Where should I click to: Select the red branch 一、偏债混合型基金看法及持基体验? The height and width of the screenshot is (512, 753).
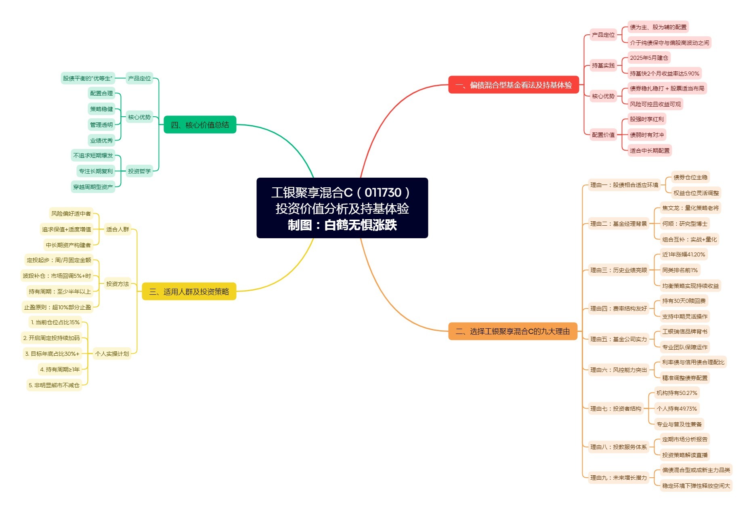tap(514, 85)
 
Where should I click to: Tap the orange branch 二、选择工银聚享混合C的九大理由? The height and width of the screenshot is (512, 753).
tap(513, 332)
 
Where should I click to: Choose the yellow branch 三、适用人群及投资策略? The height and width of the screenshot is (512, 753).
tap(189, 292)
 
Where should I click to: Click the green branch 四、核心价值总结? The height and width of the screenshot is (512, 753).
tap(200, 125)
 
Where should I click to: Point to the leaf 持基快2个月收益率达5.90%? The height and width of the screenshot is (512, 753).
tap(665, 73)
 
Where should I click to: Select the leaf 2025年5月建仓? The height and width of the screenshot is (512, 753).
tap(649, 58)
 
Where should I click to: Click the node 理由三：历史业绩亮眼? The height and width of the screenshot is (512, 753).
tap(619, 270)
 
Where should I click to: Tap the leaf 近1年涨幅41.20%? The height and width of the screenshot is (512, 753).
tap(684, 254)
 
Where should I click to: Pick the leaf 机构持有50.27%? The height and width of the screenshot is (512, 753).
tap(677, 393)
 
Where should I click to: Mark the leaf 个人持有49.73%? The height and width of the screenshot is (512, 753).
tap(677, 409)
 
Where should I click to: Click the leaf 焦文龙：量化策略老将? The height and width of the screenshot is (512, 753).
tap(690, 208)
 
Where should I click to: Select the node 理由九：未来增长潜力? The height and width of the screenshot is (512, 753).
tap(619, 478)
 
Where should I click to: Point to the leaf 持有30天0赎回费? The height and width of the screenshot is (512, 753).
tap(684, 301)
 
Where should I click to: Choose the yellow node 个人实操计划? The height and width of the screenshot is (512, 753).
tap(112, 354)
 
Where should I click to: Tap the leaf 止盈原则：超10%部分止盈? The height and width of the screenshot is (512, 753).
tap(58, 307)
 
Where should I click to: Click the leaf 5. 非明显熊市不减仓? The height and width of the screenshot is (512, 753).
tap(54, 385)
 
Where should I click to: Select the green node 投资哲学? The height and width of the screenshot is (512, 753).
tap(139, 171)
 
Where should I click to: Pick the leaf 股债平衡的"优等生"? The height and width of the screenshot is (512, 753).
tap(88, 78)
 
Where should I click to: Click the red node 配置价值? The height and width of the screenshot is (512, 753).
tap(603, 135)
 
